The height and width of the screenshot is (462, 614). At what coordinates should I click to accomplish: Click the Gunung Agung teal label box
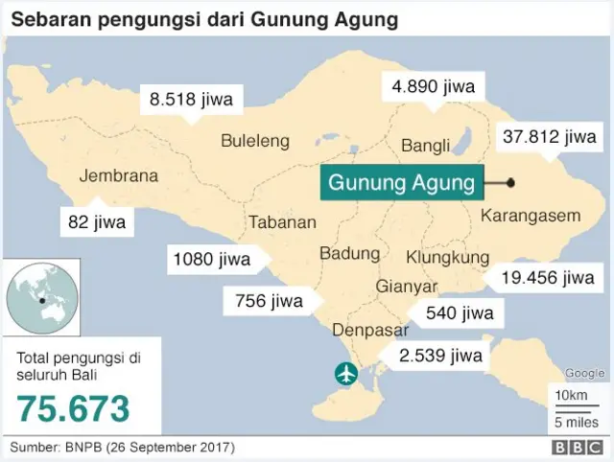click(x=401, y=182)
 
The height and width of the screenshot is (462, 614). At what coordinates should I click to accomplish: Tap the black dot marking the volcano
click(x=510, y=182)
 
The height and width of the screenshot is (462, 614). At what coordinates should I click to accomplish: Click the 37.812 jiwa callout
click(x=549, y=137)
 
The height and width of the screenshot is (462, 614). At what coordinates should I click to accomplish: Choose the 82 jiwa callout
click(x=97, y=222)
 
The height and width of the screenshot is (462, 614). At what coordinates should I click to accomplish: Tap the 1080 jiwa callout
click(x=211, y=259)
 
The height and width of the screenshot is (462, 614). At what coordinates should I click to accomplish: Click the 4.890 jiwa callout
click(x=433, y=86)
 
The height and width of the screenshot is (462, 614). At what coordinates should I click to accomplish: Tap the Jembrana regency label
click(x=119, y=176)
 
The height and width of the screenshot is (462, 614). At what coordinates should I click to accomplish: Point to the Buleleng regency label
click(x=255, y=141)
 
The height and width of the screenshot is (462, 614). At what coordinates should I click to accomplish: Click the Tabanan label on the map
click(x=283, y=222)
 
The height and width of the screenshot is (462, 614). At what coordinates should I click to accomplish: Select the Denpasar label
click(x=370, y=330)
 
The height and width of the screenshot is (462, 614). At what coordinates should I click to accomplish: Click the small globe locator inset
click(x=39, y=295)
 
